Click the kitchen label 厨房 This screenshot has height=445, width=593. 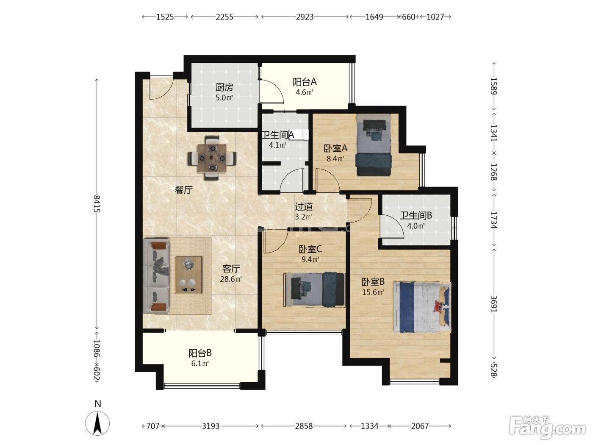pos(224,87)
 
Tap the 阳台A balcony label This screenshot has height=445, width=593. pos(305,82)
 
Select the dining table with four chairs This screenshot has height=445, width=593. pos(212,158)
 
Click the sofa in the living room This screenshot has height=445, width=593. pos(156,275)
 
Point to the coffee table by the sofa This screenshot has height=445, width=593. pos(188,275)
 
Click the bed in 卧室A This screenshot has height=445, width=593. pos(374,145)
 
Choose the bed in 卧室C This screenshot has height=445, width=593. pos(314,289)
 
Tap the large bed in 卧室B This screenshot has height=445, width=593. pos(422,307)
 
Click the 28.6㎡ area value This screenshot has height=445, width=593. pos(231,279)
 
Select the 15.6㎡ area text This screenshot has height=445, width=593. pos(373,292)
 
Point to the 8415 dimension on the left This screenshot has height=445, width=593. pos(97,204)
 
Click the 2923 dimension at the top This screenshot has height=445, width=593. pos(305,17)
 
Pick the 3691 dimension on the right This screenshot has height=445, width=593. pos(493,304)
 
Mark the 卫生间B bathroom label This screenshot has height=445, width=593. pos(416,215)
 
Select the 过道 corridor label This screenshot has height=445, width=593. pos(304,207)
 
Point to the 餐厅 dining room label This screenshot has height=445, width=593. pos(184,190)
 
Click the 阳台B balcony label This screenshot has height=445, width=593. pos(200,353)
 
